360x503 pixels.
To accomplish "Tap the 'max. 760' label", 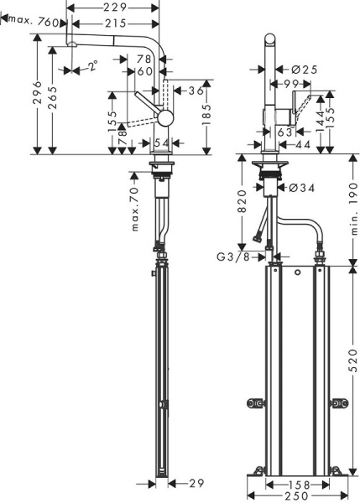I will tap(34, 23).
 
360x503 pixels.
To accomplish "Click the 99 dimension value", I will tap(292, 85).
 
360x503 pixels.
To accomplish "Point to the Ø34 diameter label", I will tap(302, 187).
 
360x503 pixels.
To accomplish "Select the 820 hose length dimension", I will tap(243, 206).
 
